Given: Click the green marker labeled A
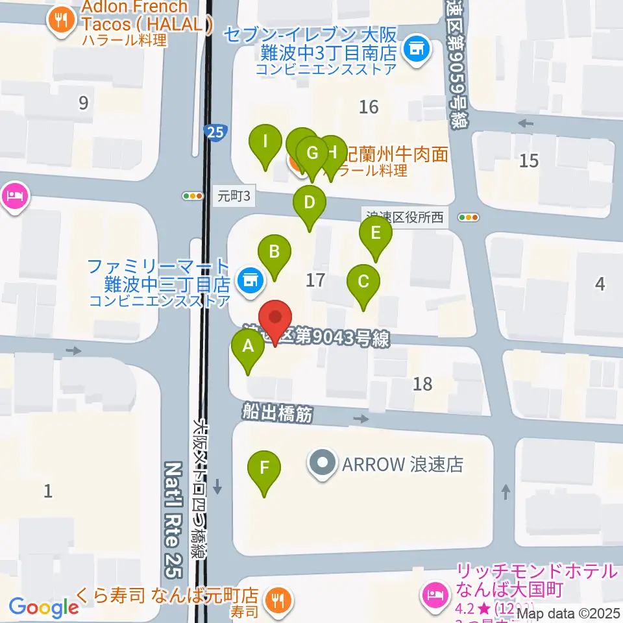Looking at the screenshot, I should pos(248,347).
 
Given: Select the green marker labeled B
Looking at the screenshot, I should pos(275,251).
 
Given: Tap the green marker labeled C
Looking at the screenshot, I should pos(363,282).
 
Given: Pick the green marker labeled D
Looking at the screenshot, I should pos(310,202).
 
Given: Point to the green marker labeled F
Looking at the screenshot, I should pos(264,467).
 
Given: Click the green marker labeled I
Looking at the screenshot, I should pos(265,141).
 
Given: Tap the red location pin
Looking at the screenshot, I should pos(275,318).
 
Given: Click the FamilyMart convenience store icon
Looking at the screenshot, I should pos(249,280).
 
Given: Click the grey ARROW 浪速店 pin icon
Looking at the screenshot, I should pos(323,465).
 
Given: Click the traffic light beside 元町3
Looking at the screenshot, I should pos(193,195).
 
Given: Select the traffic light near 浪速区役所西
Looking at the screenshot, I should pos(469,217).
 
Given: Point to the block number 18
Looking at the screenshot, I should pos(422,384).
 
